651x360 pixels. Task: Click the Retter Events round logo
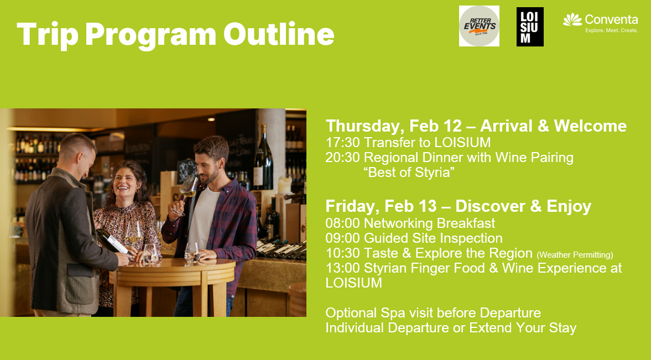pos(479,26)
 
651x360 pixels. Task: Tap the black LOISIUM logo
pos(530,27)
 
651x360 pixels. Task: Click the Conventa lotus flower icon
pos(572,19)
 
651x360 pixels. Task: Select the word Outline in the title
pos(279,34)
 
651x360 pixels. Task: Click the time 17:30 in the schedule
pos(342,143)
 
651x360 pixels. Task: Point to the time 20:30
pos(342,158)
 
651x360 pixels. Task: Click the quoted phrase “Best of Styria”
pos(409,173)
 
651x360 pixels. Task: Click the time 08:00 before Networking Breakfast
pos(342,223)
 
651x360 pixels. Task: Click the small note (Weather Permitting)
pos(575,255)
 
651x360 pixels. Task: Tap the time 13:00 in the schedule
pos(342,268)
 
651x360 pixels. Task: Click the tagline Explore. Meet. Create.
pos(611,30)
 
